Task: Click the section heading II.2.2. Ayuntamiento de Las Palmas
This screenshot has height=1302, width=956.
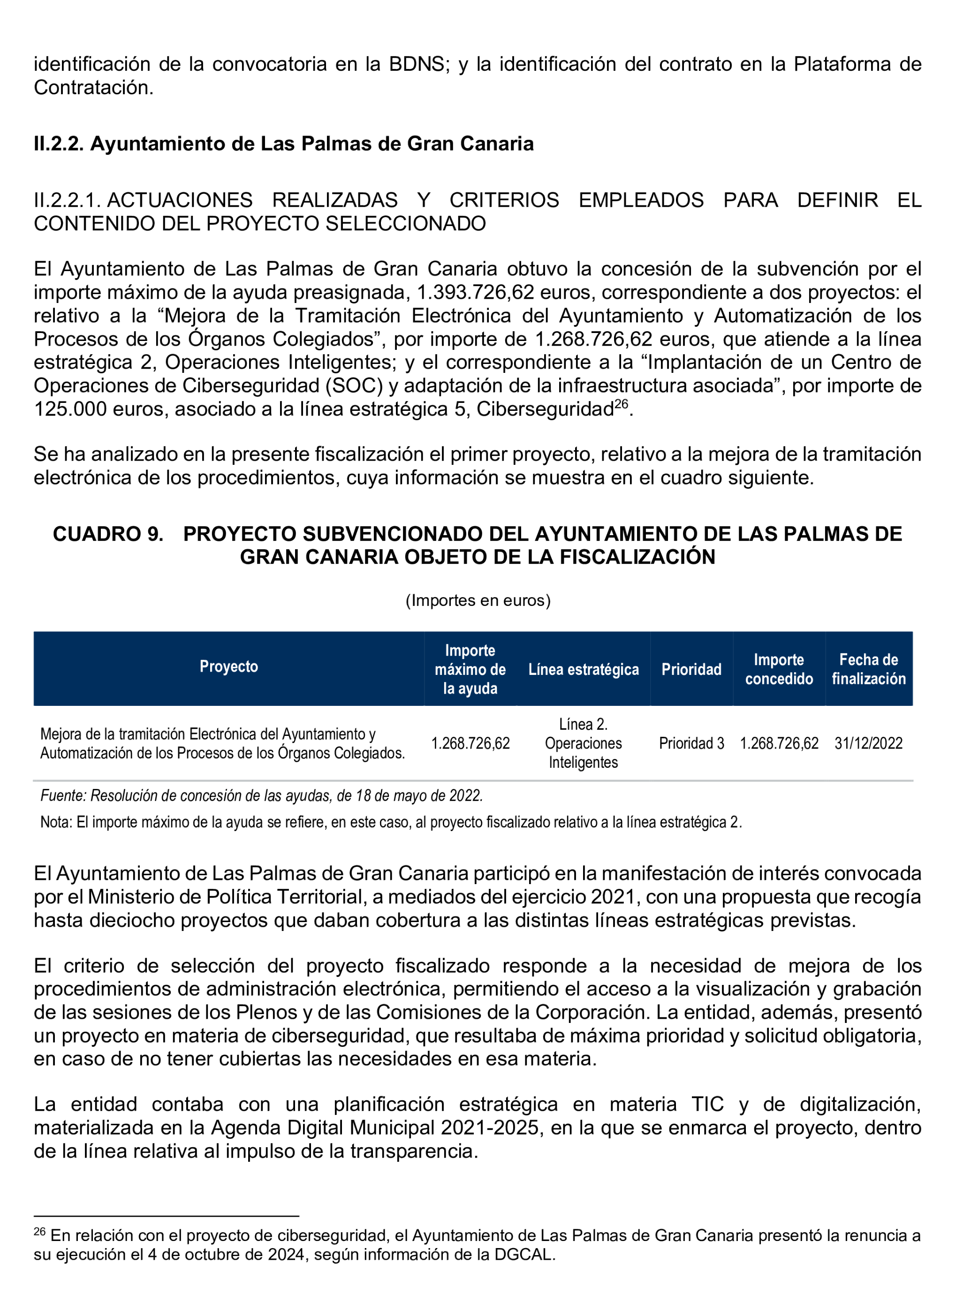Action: [x=283, y=144]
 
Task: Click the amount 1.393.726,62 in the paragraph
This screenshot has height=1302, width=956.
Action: [x=475, y=292]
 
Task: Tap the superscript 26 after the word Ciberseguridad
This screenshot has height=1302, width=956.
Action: [x=621, y=403]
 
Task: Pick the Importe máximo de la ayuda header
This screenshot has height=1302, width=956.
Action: [x=470, y=669]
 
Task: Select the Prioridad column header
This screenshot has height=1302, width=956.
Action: [x=691, y=669]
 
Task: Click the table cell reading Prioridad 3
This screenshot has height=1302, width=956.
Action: [x=691, y=743]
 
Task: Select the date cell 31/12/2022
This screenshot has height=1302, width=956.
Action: [x=868, y=743]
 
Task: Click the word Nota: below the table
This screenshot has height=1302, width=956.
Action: [x=56, y=822]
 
